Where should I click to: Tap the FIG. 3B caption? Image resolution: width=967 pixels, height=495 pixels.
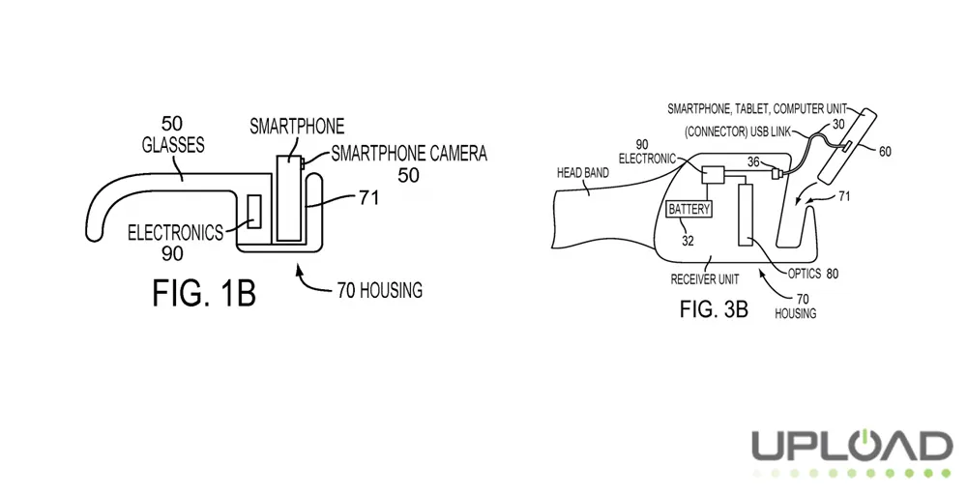(715, 310)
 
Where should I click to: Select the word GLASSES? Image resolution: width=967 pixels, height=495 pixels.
(172, 145)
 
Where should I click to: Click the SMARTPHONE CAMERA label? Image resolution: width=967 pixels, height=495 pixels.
(408, 154)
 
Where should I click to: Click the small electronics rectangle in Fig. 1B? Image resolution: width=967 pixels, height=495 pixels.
(255, 212)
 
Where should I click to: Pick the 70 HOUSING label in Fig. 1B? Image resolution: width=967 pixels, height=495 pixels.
(379, 290)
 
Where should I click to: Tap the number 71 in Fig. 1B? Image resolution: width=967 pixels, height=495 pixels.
(366, 197)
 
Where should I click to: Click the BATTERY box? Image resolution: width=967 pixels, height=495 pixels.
(689, 209)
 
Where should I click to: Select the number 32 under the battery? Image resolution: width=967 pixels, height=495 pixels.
(688, 241)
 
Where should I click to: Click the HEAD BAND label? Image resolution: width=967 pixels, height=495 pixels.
(584, 175)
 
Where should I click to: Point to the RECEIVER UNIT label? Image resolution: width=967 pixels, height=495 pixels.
(705, 279)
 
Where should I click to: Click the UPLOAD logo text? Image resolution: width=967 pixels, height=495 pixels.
(851, 447)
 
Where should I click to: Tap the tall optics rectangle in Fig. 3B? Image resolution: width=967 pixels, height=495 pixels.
(746, 216)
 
